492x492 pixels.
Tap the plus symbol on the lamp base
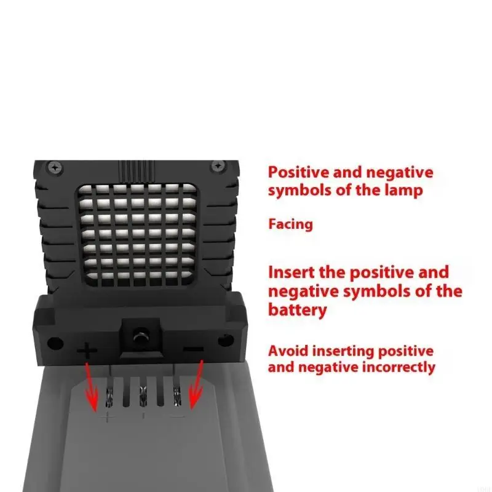pos(87,351)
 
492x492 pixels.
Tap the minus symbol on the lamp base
pos(193,349)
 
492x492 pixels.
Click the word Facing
pos(290,224)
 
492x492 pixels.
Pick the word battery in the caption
pos(298,309)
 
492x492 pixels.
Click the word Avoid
pos(290,351)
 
